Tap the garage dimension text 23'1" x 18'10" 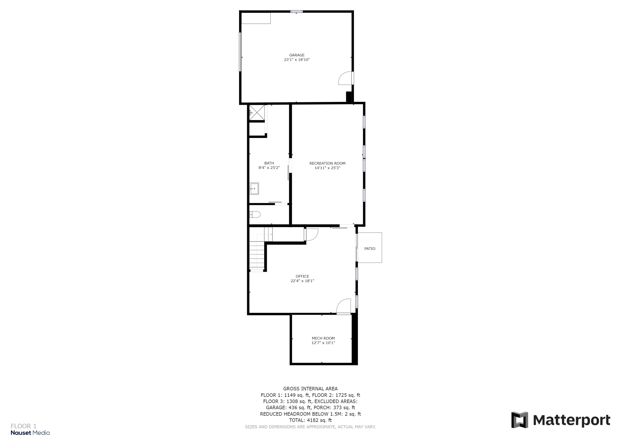[x=297, y=60]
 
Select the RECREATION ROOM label [x=327, y=163]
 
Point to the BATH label [x=269, y=163]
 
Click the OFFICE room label [x=302, y=276]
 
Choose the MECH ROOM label [x=323, y=338]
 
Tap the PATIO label [x=370, y=249]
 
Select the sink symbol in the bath [x=254, y=189]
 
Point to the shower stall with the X [x=257, y=112]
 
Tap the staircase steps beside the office [x=256, y=256]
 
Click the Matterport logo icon [x=520, y=420]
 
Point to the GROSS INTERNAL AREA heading [x=310, y=389]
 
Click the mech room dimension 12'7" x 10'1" [x=323, y=343]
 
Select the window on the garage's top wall [x=296, y=12]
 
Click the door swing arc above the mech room [x=343, y=306]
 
